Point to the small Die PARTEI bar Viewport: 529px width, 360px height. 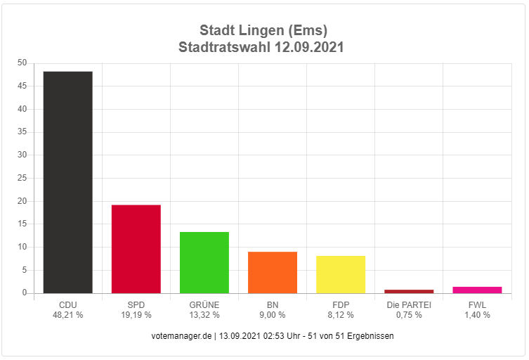(x=408, y=291)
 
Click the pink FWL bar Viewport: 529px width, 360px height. (x=476, y=290)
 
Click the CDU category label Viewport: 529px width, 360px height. (x=67, y=304)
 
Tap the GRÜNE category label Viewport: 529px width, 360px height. (x=204, y=304)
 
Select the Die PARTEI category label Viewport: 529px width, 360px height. (x=408, y=304)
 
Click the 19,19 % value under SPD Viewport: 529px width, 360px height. (x=136, y=315)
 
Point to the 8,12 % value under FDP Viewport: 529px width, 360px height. (x=340, y=315)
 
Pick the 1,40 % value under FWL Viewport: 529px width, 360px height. (x=476, y=315)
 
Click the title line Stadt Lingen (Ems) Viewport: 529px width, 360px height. (x=263, y=30)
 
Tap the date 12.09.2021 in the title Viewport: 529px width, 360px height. (x=305, y=47)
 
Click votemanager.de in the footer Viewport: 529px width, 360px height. (x=181, y=336)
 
